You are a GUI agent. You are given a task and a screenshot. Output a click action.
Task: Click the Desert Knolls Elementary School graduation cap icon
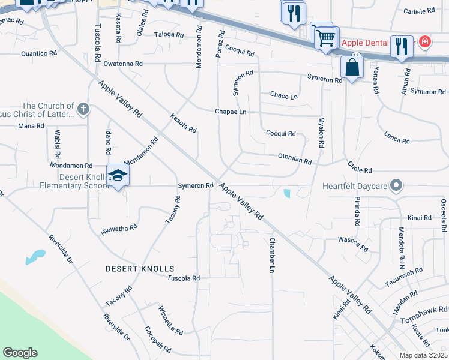tap(118, 175)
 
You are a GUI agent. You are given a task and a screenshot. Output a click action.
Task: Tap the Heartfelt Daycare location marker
tap(396, 186)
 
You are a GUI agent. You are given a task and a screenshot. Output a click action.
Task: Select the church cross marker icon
tap(83, 110)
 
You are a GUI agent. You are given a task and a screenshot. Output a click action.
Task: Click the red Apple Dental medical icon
tap(425, 42)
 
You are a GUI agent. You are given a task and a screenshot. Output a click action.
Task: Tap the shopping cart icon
tap(325, 38)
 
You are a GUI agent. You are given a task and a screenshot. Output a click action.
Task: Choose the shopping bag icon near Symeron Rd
tap(352, 68)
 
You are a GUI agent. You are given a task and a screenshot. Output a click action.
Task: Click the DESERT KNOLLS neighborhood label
tap(140, 269)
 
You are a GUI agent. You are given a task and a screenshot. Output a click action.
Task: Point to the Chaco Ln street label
tap(284, 95)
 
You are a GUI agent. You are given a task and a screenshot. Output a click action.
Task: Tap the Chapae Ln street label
tap(231, 112)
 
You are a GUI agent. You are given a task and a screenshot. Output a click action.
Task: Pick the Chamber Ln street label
tap(271, 256)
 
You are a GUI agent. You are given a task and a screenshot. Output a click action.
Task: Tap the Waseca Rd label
tap(354, 244)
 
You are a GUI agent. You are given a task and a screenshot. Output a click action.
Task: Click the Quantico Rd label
tap(39, 53)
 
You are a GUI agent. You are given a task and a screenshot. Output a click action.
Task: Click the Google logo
tap(20, 353)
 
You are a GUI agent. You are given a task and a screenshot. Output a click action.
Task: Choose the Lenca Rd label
tap(397, 138)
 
